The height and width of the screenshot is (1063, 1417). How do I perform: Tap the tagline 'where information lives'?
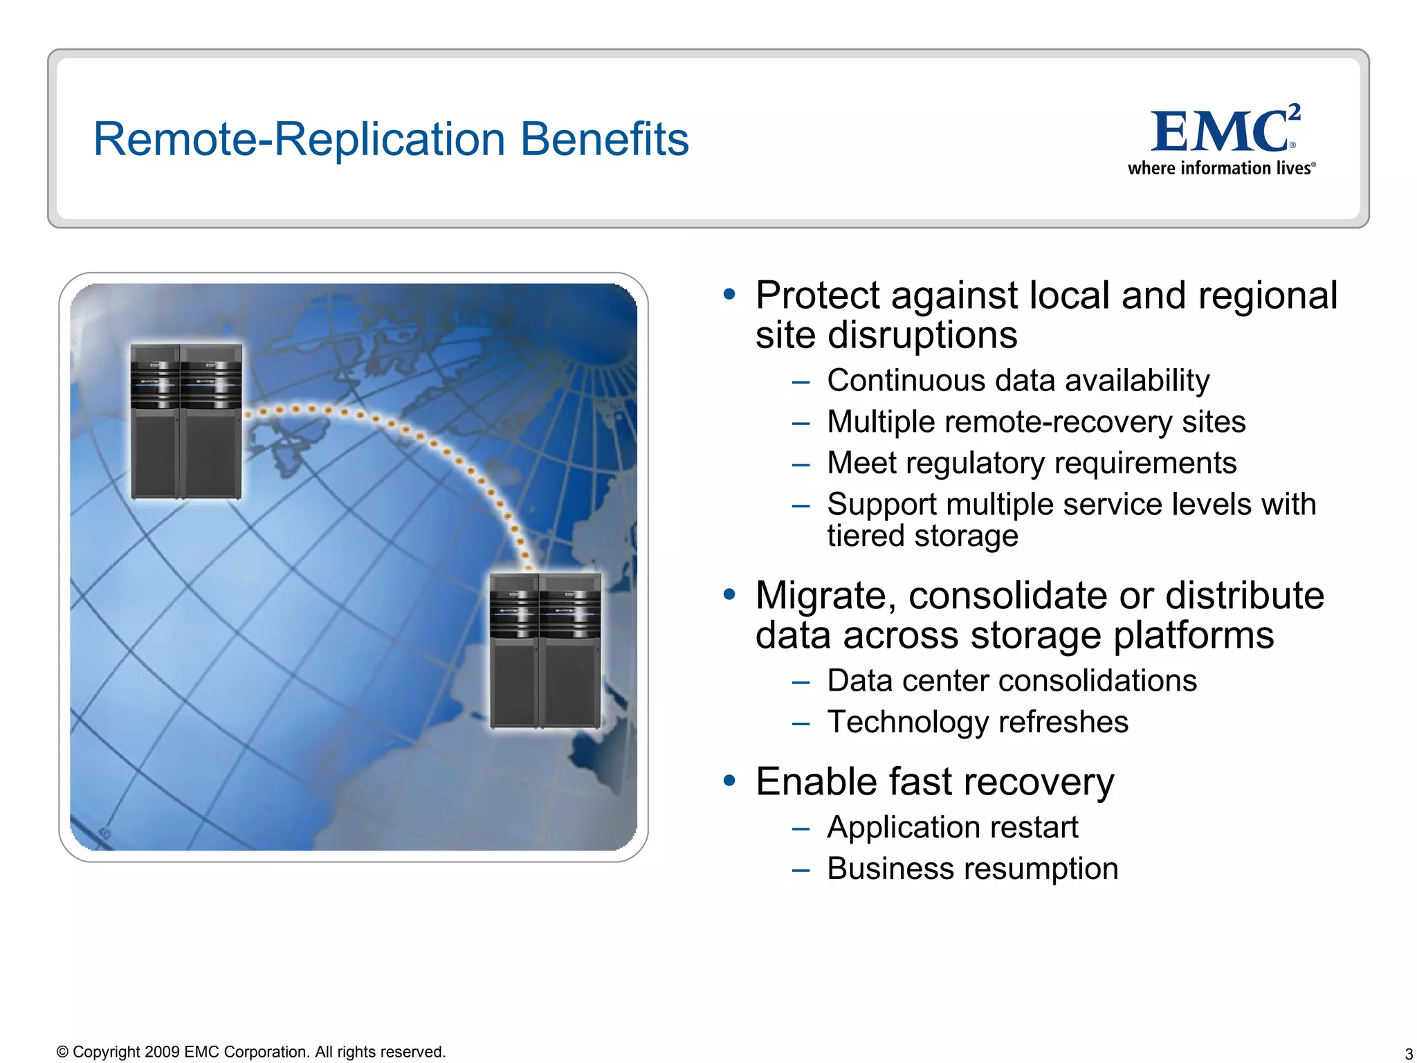pos(1221,168)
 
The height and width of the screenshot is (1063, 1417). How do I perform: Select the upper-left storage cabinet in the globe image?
pos(186,421)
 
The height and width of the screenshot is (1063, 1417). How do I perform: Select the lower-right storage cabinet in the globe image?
pos(545,651)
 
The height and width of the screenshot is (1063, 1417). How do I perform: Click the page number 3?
pos(1408,1054)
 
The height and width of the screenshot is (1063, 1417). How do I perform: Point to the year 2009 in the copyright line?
pos(162,1052)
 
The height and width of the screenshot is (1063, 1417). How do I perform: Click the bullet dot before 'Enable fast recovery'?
pos(729,781)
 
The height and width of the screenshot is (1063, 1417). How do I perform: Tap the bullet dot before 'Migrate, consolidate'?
pos(729,594)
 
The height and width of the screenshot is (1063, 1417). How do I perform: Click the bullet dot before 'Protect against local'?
pos(729,294)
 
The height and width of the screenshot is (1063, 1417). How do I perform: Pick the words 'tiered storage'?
pos(922,536)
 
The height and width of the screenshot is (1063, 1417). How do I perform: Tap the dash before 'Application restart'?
pos(801,828)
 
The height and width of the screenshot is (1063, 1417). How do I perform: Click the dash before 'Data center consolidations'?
pos(801,682)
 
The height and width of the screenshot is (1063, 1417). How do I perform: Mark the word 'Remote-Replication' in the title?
pos(299,139)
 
